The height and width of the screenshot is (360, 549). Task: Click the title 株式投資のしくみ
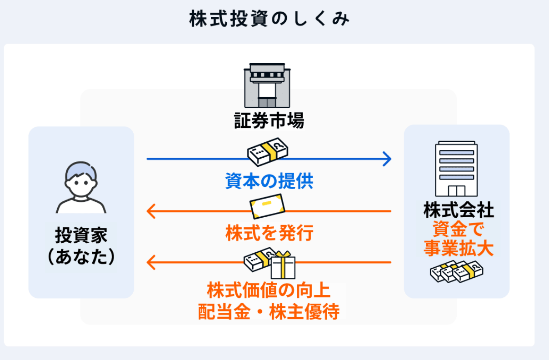pyautogui.click(x=270, y=20)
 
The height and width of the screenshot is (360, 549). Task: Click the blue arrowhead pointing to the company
pyautogui.click(x=387, y=159)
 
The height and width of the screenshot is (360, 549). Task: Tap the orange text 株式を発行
pyautogui.click(x=269, y=234)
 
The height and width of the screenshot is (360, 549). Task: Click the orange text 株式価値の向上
pyautogui.click(x=269, y=290)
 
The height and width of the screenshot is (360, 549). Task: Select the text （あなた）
pyautogui.click(x=81, y=257)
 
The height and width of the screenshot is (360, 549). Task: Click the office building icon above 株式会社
pyautogui.click(x=456, y=168)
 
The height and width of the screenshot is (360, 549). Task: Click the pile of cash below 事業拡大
pyautogui.click(x=456, y=272)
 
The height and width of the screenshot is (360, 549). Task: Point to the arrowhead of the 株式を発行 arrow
pyautogui.click(x=151, y=211)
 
